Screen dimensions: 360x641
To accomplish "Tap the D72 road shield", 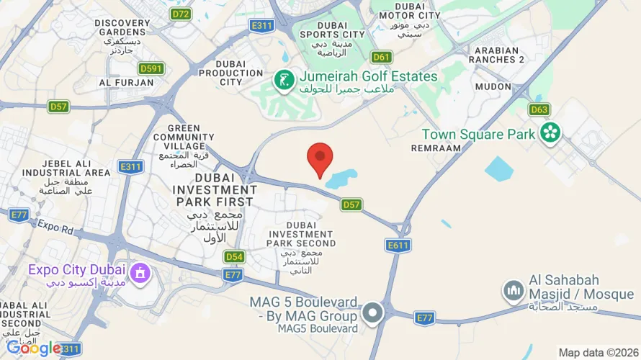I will pyautogui.click(x=181, y=13).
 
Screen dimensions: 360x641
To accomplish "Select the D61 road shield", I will pyautogui.click(x=381, y=57).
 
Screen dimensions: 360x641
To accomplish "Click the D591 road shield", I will pyautogui.click(x=151, y=68).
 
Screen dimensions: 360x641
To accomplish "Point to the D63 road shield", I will pyautogui.click(x=539, y=109).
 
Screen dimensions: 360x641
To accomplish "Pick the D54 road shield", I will pyautogui.click(x=233, y=256).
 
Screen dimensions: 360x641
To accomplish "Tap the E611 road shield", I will pyautogui.click(x=398, y=246).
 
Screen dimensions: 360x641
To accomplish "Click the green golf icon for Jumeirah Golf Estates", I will pyautogui.click(x=284, y=81).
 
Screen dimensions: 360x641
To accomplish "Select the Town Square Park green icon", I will pyautogui.click(x=551, y=132).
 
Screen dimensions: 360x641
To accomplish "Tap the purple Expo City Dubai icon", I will pyautogui.click(x=140, y=272).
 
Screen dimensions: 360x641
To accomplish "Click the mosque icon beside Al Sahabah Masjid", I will pyautogui.click(x=514, y=290).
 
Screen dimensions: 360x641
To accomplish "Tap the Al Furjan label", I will pyautogui.click(x=126, y=83).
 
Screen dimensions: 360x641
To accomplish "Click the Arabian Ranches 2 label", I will pyautogui.click(x=496, y=54).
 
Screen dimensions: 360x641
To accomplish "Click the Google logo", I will pyautogui.click(x=33, y=348).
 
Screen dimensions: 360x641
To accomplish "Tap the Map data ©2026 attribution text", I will pyautogui.click(x=597, y=353).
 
